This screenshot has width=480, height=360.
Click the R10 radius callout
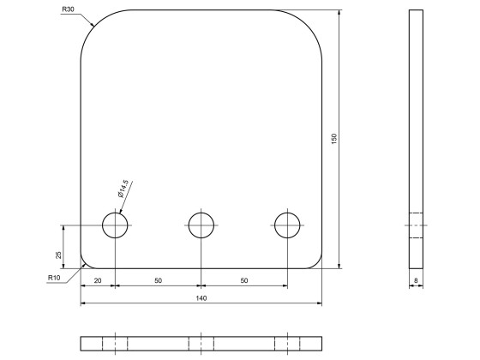pos(54,277)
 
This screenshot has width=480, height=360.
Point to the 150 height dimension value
pos(334,139)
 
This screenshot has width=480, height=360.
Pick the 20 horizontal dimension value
pos(98,281)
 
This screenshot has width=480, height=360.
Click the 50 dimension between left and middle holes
pos(158,281)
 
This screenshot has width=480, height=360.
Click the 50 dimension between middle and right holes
pos(244,281)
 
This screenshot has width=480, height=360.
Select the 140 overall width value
pos(201,298)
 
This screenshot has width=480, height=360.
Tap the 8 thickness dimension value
pos(416,280)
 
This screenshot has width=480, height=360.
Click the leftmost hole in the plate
pos(115,225)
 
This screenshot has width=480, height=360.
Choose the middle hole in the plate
pos(201,225)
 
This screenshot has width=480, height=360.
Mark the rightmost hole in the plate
pos(288,225)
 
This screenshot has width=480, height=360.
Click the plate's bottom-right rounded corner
pos(317,262)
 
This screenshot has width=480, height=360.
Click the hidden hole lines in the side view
pos(416,225)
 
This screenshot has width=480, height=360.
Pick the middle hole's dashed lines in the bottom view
pos(201,343)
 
